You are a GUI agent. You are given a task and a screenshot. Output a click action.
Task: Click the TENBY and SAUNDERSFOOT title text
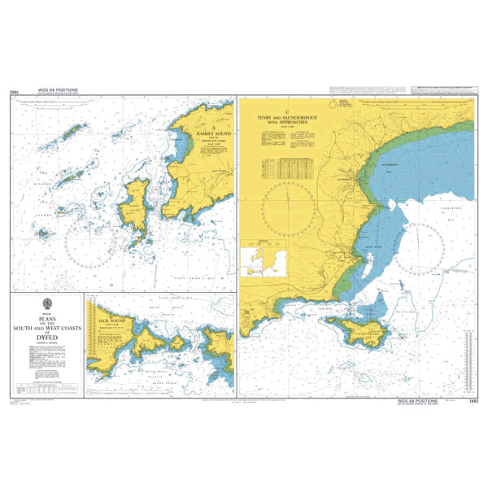coord(290,120)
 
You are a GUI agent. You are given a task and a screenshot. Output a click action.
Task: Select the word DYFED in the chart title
coord(47,338)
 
